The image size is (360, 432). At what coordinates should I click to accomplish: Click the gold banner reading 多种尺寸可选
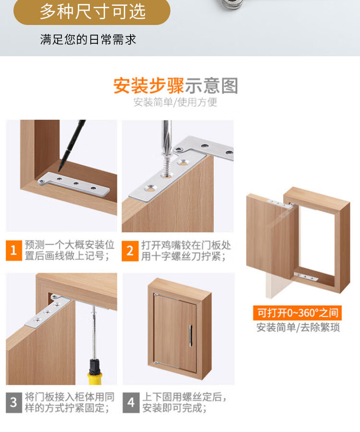click(x=92, y=12)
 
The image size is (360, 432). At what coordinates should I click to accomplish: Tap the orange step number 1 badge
click(x=14, y=250)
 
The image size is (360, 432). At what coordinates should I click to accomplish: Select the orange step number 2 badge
click(x=130, y=251)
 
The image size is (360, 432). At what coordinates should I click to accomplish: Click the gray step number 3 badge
click(x=14, y=403)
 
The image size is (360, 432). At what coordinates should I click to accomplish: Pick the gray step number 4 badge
click(x=131, y=403)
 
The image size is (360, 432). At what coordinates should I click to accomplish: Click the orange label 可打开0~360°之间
click(x=297, y=313)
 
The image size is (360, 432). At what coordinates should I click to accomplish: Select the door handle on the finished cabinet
click(x=191, y=335)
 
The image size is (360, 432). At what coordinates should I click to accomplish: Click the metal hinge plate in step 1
click(x=74, y=185)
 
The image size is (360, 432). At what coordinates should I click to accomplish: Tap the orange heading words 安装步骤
click(x=149, y=86)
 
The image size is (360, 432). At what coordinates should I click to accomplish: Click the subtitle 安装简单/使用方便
click(x=175, y=102)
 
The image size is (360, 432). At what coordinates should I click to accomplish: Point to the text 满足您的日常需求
click(x=88, y=40)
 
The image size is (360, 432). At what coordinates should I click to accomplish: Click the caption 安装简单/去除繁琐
click(x=298, y=328)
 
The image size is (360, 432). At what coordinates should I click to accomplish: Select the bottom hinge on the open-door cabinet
click(x=306, y=277)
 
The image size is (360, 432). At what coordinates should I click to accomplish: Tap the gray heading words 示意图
click(x=211, y=86)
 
